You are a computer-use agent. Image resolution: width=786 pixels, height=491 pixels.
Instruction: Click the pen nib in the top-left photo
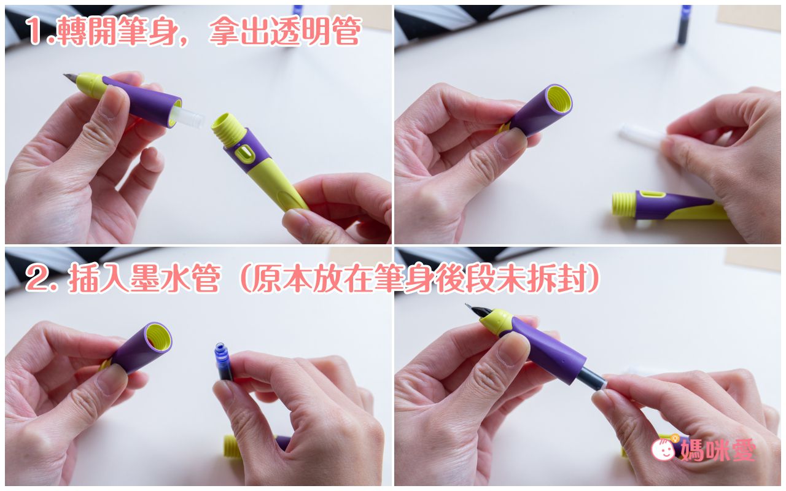[x=71, y=78]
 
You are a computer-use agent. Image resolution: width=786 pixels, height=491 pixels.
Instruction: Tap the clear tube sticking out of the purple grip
[x=191, y=117]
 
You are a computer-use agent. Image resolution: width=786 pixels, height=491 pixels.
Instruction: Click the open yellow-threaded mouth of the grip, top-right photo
[x=559, y=99]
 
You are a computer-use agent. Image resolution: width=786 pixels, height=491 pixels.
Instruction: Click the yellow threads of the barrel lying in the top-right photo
[x=623, y=204]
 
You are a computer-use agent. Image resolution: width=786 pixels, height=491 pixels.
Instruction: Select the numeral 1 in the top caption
[x=36, y=31]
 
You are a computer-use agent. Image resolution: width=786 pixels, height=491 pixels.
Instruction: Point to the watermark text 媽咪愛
[x=717, y=449]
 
